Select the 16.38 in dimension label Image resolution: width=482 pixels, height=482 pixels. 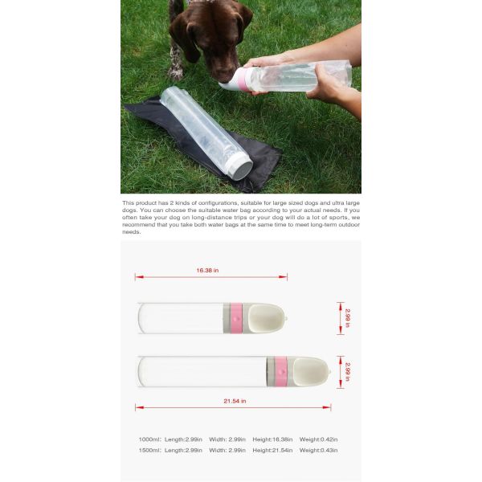click(210, 271)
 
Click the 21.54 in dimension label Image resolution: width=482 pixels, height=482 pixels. click(234, 400)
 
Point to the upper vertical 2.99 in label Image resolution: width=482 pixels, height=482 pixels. click(347, 317)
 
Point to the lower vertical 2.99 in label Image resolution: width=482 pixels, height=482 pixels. click(347, 371)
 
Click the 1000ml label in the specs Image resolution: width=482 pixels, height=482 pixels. click(149, 439)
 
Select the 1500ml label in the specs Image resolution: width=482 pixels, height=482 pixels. click(149, 450)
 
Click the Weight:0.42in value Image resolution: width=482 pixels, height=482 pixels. click(318, 439)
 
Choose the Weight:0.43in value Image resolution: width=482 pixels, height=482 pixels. click(318, 450)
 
